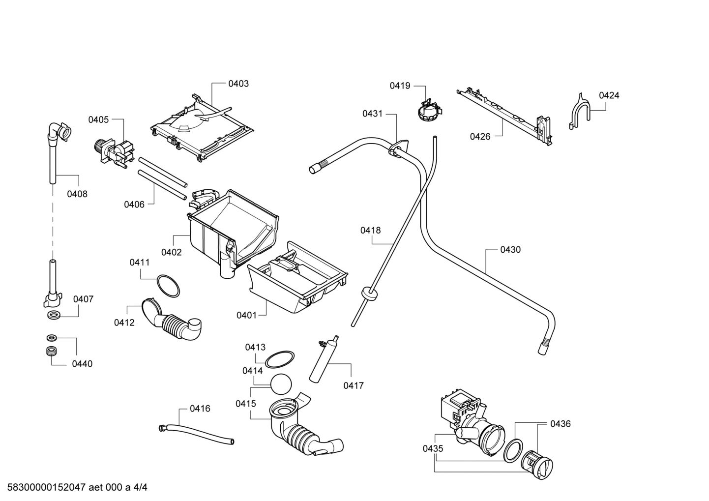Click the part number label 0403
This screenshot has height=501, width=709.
click(x=238, y=84)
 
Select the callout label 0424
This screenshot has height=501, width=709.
click(x=609, y=95)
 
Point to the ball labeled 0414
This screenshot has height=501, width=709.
click(x=281, y=384)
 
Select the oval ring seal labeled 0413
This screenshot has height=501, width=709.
click(x=280, y=359)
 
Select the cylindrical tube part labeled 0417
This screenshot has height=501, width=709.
click(x=322, y=359)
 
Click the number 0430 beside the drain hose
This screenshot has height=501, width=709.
click(x=510, y=250)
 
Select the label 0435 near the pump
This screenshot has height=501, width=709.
click(x=433, y=448)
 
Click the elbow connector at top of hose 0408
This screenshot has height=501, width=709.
click(x=59, y=132)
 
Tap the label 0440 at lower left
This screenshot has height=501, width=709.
click(x=82, y=364)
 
